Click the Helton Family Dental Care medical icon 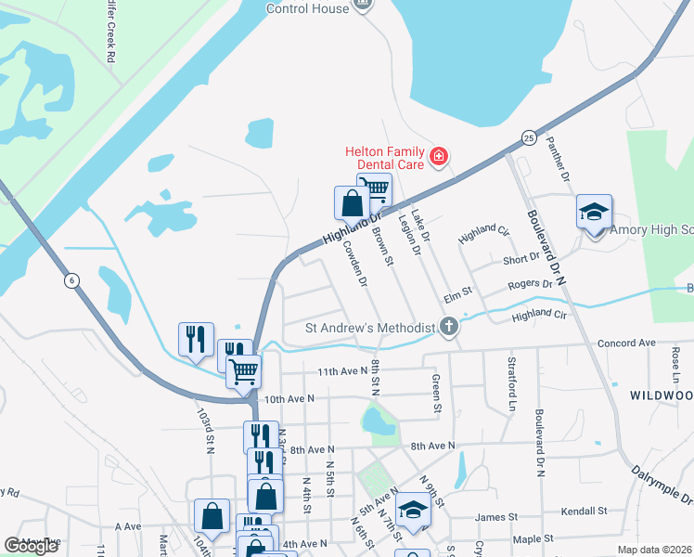tap(438, 159)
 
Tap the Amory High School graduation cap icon tap(594, 213)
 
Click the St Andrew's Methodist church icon tap(449, 327)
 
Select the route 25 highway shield tap(527, 137)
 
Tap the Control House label tap(307, 8)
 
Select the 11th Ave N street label tap(342, 371)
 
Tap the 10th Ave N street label tap(289, 398)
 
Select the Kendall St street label tap(583, 511)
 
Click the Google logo tap(32, 547)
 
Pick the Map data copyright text tap(654, 550)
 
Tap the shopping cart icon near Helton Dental tap(374, 189)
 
